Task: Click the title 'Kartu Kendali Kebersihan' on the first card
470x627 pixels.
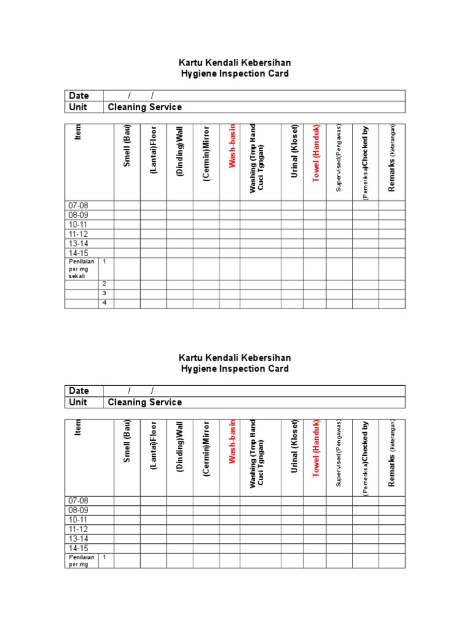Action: point(234,62)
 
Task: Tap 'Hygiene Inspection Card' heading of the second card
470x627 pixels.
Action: point(234,369)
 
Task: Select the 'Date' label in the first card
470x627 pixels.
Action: point(79,96)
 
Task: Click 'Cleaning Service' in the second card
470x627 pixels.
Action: point(145,402)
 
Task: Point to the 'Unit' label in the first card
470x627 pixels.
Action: point(78,107)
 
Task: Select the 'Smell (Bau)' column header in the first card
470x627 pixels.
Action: point(127,151)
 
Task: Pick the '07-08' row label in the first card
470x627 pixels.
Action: point(79,206)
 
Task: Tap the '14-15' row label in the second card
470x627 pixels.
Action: point(79,548)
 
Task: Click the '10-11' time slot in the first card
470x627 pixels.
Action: point(79,224)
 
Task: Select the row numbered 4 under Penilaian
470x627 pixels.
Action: point(105,303)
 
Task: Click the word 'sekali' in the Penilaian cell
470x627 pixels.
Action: point(77,276)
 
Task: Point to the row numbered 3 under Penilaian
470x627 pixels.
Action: point(105,293)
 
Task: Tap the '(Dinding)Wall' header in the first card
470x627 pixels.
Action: point(181,151)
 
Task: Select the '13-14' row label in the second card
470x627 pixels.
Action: point(79,539)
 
